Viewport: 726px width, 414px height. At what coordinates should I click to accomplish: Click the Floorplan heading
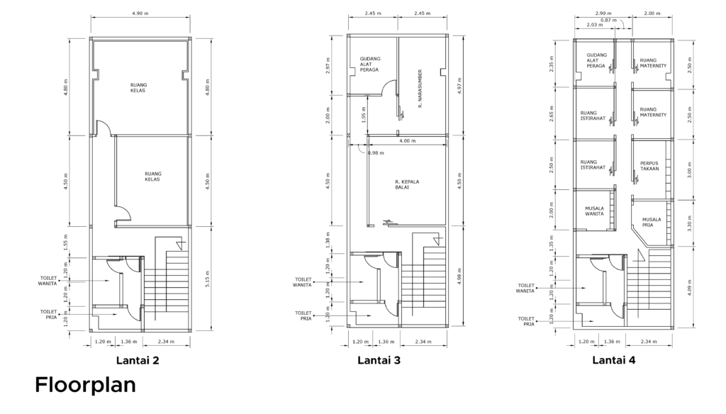[85, 385]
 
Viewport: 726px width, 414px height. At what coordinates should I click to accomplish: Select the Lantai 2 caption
[138, 360]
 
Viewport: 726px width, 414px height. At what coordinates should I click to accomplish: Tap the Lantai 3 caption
[379, 360]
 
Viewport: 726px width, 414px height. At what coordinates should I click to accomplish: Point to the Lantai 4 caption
[614, 360]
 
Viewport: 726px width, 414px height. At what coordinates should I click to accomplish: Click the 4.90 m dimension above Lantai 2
[140, 13]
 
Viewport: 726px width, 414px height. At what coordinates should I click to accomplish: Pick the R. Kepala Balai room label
[407, 184]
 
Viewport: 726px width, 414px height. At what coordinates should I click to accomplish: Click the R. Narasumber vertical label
[420, 89]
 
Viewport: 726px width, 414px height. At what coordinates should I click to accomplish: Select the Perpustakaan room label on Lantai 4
[649, 166]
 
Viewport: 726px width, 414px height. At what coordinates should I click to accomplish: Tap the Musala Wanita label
[595, 211]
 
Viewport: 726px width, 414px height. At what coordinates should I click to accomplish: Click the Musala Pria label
[652, 223]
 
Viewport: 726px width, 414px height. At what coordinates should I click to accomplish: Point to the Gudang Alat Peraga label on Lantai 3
[370, 65]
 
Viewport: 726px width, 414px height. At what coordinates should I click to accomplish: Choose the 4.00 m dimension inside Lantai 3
[408, 141]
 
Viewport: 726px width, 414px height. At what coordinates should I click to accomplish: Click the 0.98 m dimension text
[376, 153]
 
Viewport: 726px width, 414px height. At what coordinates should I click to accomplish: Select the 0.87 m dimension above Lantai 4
[609, 21]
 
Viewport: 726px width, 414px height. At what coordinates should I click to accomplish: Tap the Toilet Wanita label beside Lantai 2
[48, 281]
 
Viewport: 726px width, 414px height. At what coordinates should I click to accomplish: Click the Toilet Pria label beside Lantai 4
[526, 321]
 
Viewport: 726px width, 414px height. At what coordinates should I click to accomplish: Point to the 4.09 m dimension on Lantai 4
[689, 288]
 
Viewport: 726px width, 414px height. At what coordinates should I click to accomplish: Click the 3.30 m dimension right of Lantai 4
[689, 223]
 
